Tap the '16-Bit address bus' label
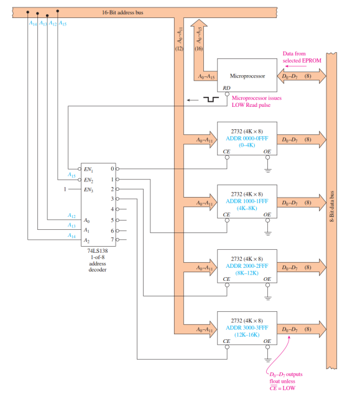[122, 12]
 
